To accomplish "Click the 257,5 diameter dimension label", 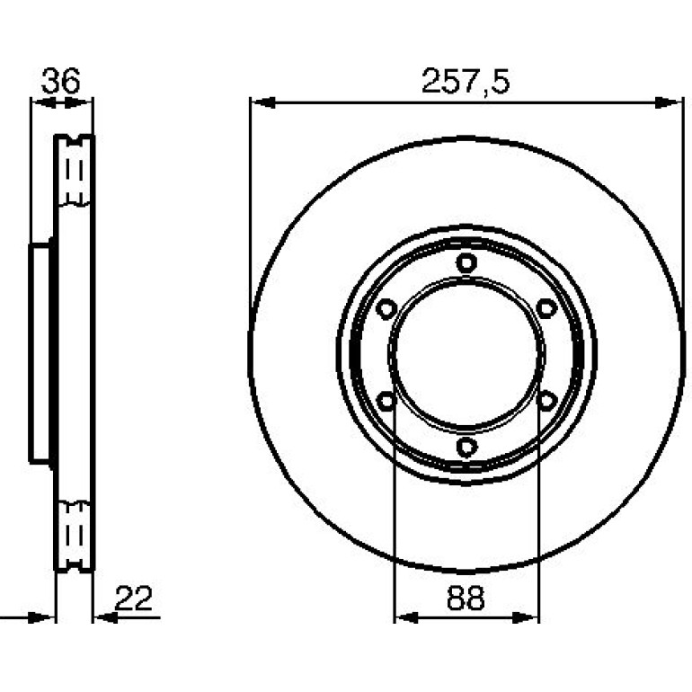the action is coord(466,81).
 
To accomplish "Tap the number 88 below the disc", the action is coord(466,598).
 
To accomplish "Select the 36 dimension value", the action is coord(61,80).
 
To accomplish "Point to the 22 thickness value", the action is coord(133,598).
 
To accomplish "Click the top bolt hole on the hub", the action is coord(466,263).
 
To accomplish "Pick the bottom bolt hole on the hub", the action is coord(466,447).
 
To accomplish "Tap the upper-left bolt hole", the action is coord(386,308).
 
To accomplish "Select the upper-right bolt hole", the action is coord(546,308).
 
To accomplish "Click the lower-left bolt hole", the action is coord(386,401).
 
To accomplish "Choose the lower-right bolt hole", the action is coord(546,401).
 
